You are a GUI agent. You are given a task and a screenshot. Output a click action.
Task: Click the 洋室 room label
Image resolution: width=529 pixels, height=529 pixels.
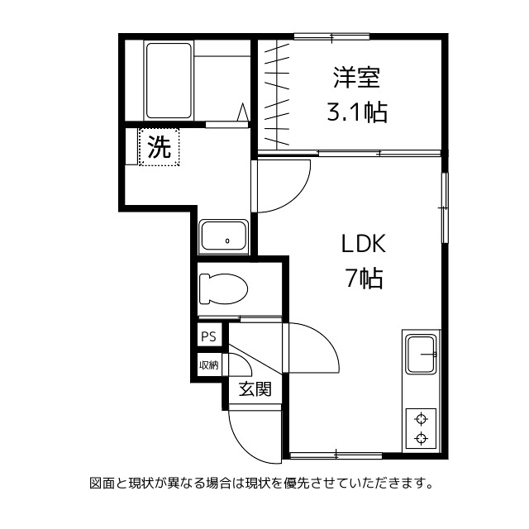point(356,79)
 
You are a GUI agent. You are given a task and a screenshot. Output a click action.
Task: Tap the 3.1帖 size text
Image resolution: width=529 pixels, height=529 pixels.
point(356,112)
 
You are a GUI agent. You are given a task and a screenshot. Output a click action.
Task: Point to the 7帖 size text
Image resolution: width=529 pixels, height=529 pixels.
point(364,279)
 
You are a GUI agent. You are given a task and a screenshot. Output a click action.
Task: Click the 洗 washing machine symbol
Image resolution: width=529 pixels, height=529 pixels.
point(159,148)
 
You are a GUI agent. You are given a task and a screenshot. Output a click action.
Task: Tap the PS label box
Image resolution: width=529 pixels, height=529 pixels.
point(208,336)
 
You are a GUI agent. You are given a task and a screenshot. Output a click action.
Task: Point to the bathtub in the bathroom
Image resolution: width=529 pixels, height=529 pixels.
point(169,81)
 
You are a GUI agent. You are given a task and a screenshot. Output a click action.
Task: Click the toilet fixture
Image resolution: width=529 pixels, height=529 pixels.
point(223,288)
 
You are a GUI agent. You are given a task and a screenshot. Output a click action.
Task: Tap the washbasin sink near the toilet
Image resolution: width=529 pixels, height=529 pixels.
point(223,237)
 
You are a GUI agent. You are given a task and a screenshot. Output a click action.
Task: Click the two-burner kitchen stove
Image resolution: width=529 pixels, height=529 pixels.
point(422,427)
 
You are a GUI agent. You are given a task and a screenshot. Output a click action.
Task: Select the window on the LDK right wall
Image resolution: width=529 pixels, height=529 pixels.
point(445,207)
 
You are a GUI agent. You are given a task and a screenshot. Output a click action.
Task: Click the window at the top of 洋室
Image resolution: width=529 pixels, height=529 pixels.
point(331,36)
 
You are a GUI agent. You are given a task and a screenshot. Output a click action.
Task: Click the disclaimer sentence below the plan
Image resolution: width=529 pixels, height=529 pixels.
point(260,483)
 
